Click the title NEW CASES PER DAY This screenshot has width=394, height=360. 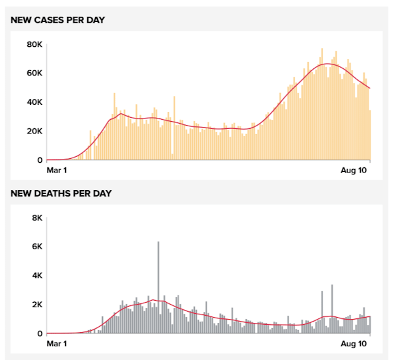point(58,20)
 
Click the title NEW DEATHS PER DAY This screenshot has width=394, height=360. point(61,193)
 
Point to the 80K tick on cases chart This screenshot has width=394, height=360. point(35,44)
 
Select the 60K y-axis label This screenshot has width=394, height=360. point(35,73)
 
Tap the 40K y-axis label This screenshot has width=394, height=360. point(35,102)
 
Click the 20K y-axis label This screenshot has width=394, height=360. point(35,131)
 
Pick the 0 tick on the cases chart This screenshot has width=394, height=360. point(40,160)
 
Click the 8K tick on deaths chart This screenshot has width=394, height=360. point(36,218)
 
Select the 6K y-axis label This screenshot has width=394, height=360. point(36,247)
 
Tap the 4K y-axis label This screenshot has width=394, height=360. point(36,275)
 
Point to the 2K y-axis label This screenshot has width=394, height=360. point(36,305)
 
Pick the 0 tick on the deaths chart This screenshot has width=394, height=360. point(40,333)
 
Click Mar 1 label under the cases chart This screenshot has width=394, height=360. point(57,171)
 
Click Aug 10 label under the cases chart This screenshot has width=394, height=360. point(356,171)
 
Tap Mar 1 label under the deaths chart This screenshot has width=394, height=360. point(57,343)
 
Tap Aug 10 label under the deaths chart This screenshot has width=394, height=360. point(356,343)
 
